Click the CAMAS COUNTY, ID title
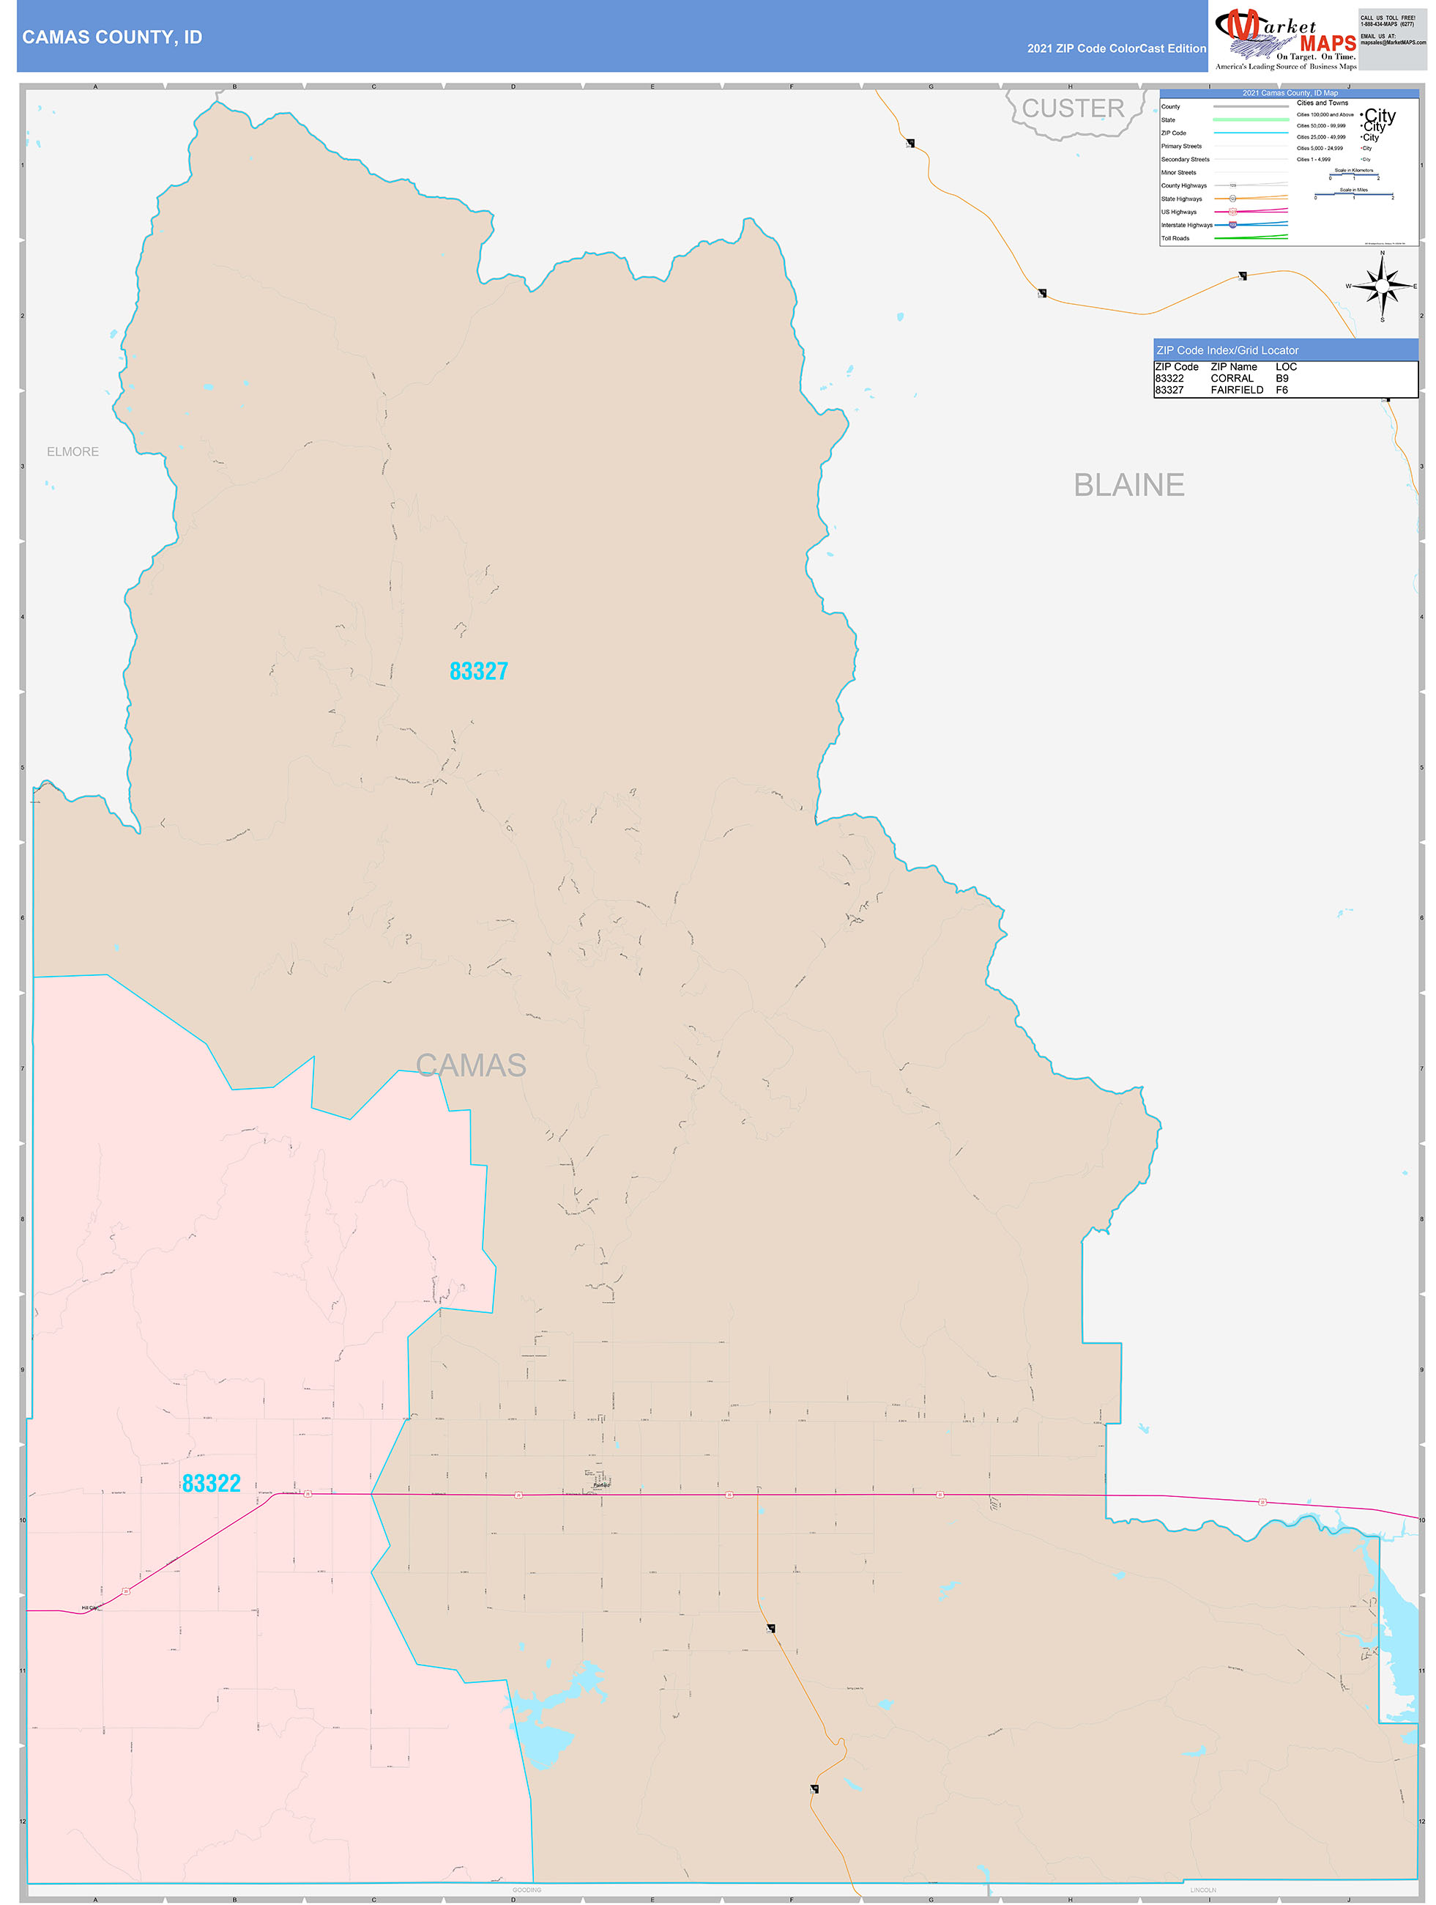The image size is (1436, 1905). tap(112, 37)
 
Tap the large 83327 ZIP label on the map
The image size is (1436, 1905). tap(479, 671)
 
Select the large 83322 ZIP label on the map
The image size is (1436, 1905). tap(211, 1483)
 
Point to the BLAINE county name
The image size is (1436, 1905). tap(1128, 485)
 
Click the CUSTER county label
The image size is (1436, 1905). tap(1073, 108)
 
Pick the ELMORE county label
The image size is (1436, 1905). tap(73, 451)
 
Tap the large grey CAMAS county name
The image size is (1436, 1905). tap(471, 1065)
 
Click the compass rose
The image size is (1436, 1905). tap(1382, 285)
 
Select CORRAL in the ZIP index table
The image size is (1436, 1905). tap(1232, 378)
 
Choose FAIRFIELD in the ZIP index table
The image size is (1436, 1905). tap(1236, 390)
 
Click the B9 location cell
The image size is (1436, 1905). tap(1282, 378)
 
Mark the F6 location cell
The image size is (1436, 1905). tap(1282, 390)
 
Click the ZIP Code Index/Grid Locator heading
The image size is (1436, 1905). tap(1227, 350)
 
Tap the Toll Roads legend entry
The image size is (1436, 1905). tap(1175, 239)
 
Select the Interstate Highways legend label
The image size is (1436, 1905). tap(1186, 225)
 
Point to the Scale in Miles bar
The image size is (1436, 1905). tap(1353, 195)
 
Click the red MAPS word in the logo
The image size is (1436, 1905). tap(1328, 43)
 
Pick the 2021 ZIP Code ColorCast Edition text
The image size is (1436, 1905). tap(1116, 48)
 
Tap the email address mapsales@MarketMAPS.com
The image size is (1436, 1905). tap(1393, 42)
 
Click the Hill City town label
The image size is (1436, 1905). tap(89, 1608)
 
